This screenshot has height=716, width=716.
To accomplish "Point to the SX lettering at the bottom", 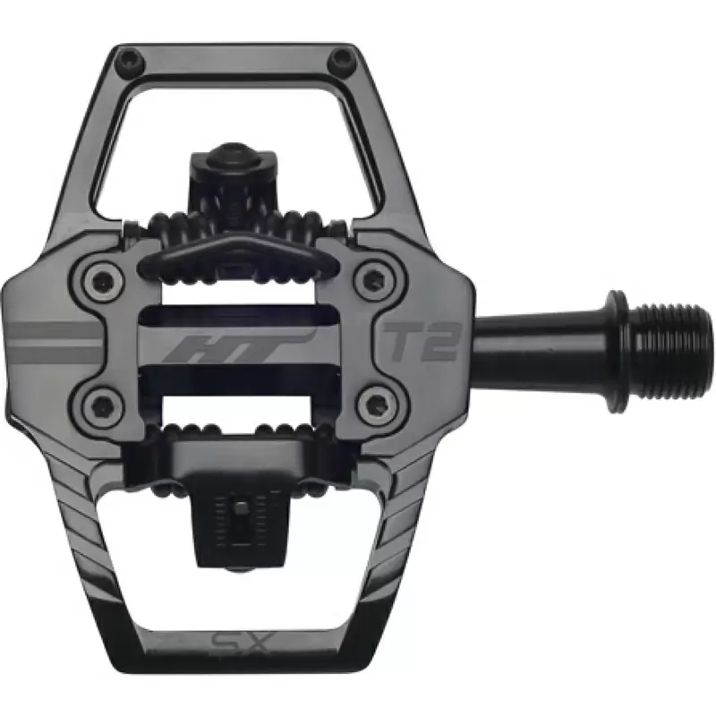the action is (x=241, y=645).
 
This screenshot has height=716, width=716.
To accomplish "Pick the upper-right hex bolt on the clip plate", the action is (x=374, y=277).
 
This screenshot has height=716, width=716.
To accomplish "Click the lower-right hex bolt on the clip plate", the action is (x=375, y=405).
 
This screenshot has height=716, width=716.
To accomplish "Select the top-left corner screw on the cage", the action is (x=132, y=59).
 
